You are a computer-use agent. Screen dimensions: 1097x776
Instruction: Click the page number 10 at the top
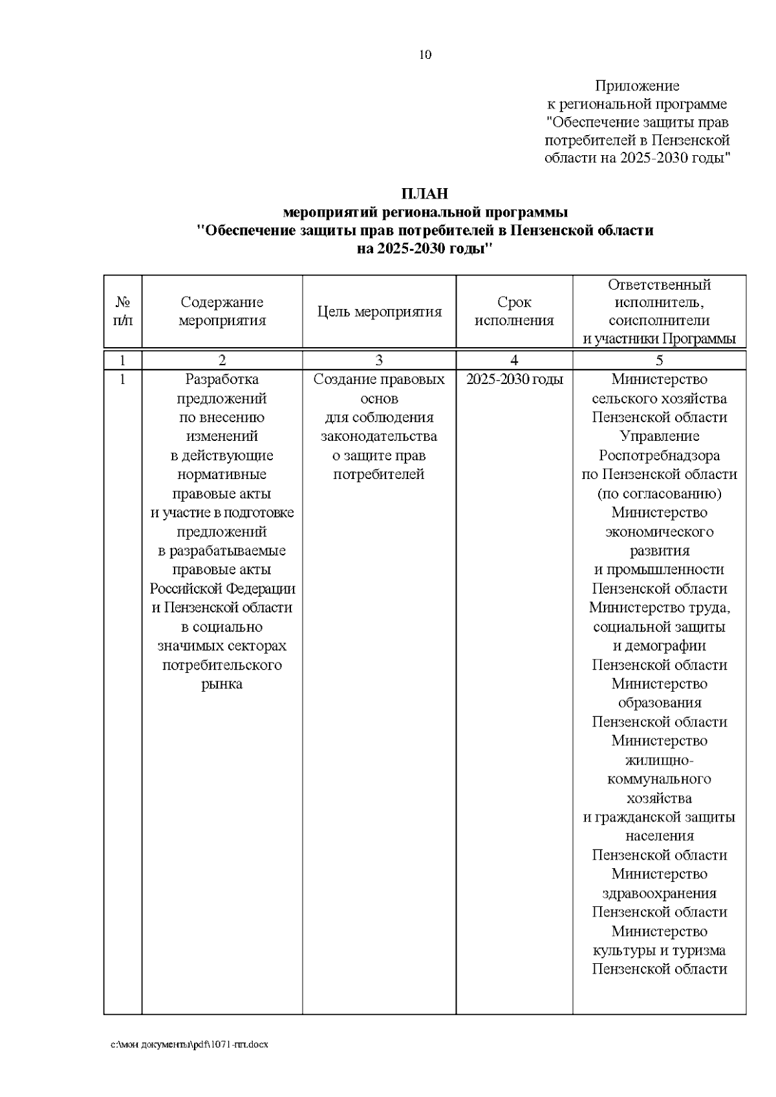tap(425, 55)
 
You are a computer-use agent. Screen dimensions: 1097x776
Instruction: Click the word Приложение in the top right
tap(637, 86)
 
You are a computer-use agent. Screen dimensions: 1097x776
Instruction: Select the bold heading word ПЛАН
tap(424, 193)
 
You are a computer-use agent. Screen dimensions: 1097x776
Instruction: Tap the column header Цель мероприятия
tap(380, 312)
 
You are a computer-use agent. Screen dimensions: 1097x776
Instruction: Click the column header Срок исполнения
tap(514, 312)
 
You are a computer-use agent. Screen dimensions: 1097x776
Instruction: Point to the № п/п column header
tap(123, 312)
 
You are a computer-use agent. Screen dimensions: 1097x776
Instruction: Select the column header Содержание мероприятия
tap(222, 312)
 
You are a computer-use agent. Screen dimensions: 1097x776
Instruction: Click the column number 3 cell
tap(380, 361)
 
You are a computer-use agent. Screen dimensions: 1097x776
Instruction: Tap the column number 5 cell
tap(659, 361)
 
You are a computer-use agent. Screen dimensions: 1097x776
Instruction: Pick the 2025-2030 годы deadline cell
tap(514, 379)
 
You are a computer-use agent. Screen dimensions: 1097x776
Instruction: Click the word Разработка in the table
tap(222, 379)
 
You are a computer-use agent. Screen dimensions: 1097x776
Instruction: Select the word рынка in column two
tap(222, 684)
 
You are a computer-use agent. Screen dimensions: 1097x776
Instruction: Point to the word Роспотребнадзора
tap(659, 456)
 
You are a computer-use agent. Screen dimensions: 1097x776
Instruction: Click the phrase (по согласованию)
tap(659, 494)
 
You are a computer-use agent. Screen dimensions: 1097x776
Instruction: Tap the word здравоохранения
tap(659, 893)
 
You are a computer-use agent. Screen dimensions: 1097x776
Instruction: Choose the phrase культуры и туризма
tap(659, 950)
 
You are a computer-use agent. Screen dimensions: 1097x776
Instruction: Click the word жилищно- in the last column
tap(659, 760)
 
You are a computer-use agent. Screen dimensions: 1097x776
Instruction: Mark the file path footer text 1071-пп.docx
tap(245, 1044)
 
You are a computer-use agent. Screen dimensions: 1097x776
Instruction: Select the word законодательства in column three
tap(379, 436)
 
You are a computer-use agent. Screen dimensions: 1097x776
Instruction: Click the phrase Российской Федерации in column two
tap(222, 589)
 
